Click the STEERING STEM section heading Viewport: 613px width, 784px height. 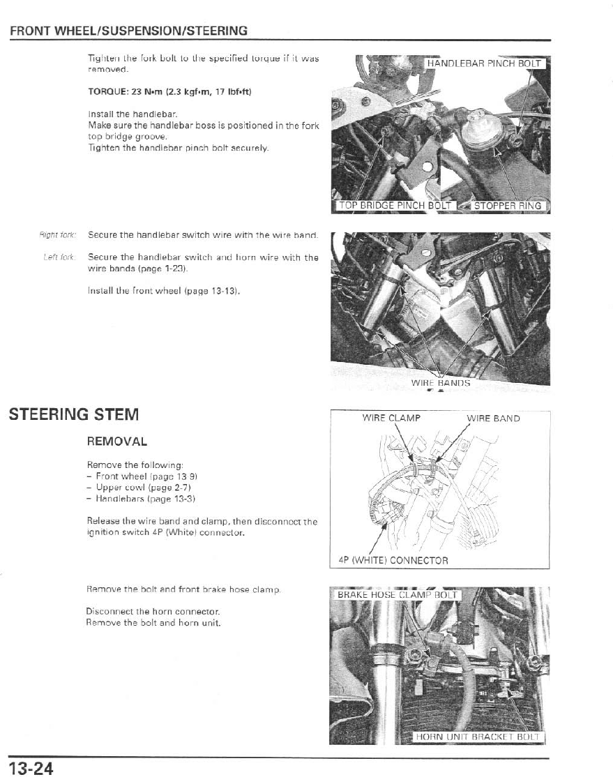click(74, 414)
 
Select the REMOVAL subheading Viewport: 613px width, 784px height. click(116, 442)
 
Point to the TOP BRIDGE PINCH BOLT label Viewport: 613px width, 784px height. click(395, 205)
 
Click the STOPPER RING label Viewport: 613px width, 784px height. click(508, 205)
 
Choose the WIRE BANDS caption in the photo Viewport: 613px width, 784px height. click(440, 382)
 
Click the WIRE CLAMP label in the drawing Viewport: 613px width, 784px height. click(391, 419)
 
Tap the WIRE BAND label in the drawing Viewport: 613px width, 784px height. click(493, 419)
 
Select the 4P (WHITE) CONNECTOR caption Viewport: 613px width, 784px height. click(393, 559)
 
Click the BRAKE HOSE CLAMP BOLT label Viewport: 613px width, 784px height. click(397, 595)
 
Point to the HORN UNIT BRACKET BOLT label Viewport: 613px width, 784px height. click(478, 737)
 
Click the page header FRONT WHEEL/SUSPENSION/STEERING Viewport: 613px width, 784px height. click(129, 31)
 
